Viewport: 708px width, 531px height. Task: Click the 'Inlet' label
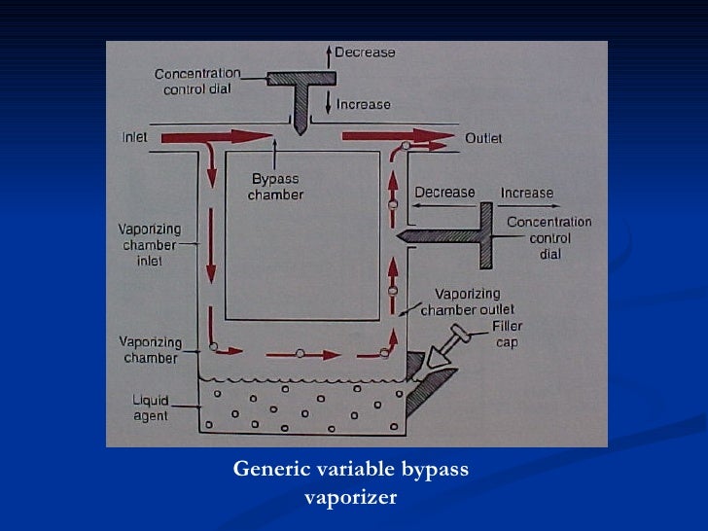pos(134,137)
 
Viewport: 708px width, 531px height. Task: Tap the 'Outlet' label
pos(483,138)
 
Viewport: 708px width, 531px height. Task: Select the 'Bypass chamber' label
pos(276,187)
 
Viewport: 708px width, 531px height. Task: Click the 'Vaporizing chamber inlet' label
pos(149,245)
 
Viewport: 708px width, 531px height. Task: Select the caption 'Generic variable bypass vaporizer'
pos(351,483)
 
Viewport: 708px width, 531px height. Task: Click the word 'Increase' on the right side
pos(526,193)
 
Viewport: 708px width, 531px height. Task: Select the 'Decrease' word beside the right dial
pos(445,193)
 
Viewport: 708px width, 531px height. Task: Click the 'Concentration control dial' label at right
pos(549,237)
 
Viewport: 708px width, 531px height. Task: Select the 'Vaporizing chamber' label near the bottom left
pos(148,350)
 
